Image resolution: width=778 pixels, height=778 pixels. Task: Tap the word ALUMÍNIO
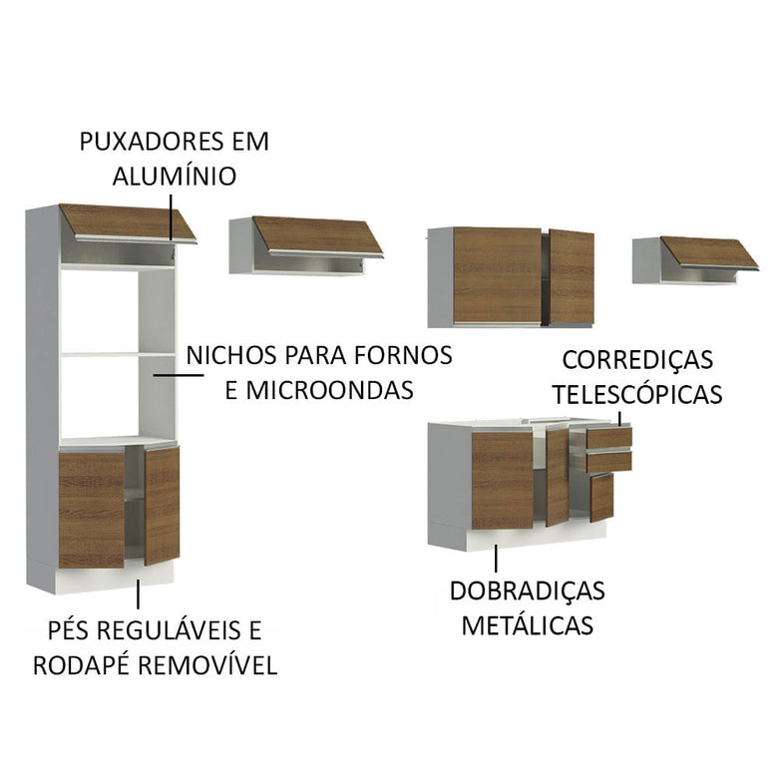[175, 177]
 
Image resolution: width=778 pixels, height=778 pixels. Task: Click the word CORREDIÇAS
[637, 359]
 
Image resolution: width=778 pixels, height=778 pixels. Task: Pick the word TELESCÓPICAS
[637, 394]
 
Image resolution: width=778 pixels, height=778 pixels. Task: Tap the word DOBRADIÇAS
[527, 590]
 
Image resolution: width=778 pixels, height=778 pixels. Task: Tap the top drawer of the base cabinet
[609, 437]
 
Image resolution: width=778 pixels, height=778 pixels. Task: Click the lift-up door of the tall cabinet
[126, 220]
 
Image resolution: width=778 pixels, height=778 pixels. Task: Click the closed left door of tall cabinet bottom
[91, 510]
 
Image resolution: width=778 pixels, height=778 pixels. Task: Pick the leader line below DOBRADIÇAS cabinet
[495, 559]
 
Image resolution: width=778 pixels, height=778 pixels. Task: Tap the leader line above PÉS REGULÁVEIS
[139, 594]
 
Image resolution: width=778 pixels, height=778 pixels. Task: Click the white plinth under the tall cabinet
[116, 576]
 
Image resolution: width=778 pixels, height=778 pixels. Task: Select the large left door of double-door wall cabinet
[497, 274]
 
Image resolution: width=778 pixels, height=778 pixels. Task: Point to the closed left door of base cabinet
[502, 480]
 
